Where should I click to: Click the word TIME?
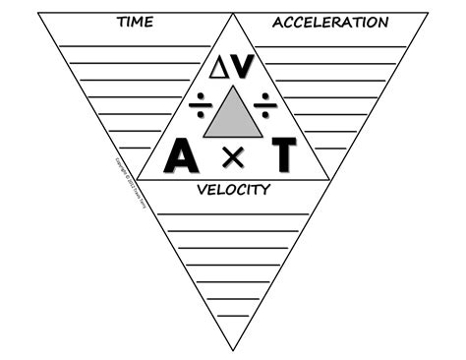(x=134, y=21)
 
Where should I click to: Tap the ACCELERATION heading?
(x=330, y=22)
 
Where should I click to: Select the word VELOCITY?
(x=233, y=189)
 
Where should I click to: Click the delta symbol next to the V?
(x=219, y=67)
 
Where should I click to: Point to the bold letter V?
(x=244, y=66)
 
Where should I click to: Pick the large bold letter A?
(x=183, y=154)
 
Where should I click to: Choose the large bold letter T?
(x=283, y=154)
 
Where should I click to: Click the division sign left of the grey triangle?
(x=200, y=101)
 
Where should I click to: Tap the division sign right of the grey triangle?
(x=265, y=101)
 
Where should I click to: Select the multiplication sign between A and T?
(x=233, y=155)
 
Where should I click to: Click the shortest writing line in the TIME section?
(x=135, y=148)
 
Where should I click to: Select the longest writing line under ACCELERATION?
(x=334, y=46)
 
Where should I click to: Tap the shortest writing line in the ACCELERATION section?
(x=330, y=148)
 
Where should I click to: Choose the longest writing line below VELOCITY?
(x=233, y=213)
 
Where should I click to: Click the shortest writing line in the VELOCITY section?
(x=233, y=316)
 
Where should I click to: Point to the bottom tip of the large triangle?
(x=233, y=350)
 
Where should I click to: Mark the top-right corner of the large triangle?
(x=429, y=13)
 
